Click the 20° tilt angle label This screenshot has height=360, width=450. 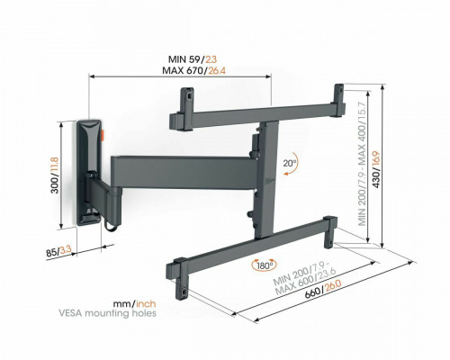click(x=289, y=163)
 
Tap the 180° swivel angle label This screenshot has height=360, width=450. click(x=265, y=265)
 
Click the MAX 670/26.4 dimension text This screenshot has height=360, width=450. click(x=193, y=71)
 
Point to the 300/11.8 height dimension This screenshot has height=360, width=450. click(x=55, y=175)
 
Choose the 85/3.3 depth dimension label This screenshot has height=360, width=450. click(x=58, y=251)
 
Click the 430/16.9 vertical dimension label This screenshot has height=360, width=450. click(x=376, y=169)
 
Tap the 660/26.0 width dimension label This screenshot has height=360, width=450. click(x=323, y=290)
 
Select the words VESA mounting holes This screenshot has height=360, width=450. click(x=107, y=313)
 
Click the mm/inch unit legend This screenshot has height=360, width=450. click(x=134, y=304)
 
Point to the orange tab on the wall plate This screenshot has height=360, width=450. click(x=103, y=135)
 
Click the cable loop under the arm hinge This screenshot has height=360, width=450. click(x=112, y=227)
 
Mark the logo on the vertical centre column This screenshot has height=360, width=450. click(x=267, y=181)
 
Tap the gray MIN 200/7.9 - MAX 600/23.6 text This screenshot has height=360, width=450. click(x=303, y=278)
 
